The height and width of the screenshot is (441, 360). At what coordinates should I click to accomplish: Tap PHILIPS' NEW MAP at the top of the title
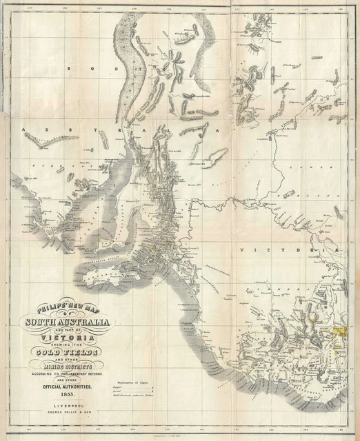click(x=69, y=306)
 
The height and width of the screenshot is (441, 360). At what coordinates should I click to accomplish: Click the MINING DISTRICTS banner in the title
click(x=70, y=368)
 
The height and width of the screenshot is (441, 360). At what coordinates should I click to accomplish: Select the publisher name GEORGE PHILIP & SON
click(x=70, y=415)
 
